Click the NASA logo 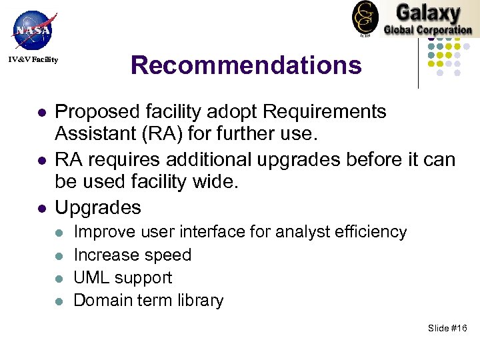click(x=31, y=29)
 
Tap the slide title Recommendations click(x=246, y=65)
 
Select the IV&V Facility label click(x=33, y=61)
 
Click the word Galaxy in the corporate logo click(x=427, y=13)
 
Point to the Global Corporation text click(x=427, y=30)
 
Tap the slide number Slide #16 click(x=448, y=329)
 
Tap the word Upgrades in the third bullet click(x=98, y=207)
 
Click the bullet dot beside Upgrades click(x=41, y=209)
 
